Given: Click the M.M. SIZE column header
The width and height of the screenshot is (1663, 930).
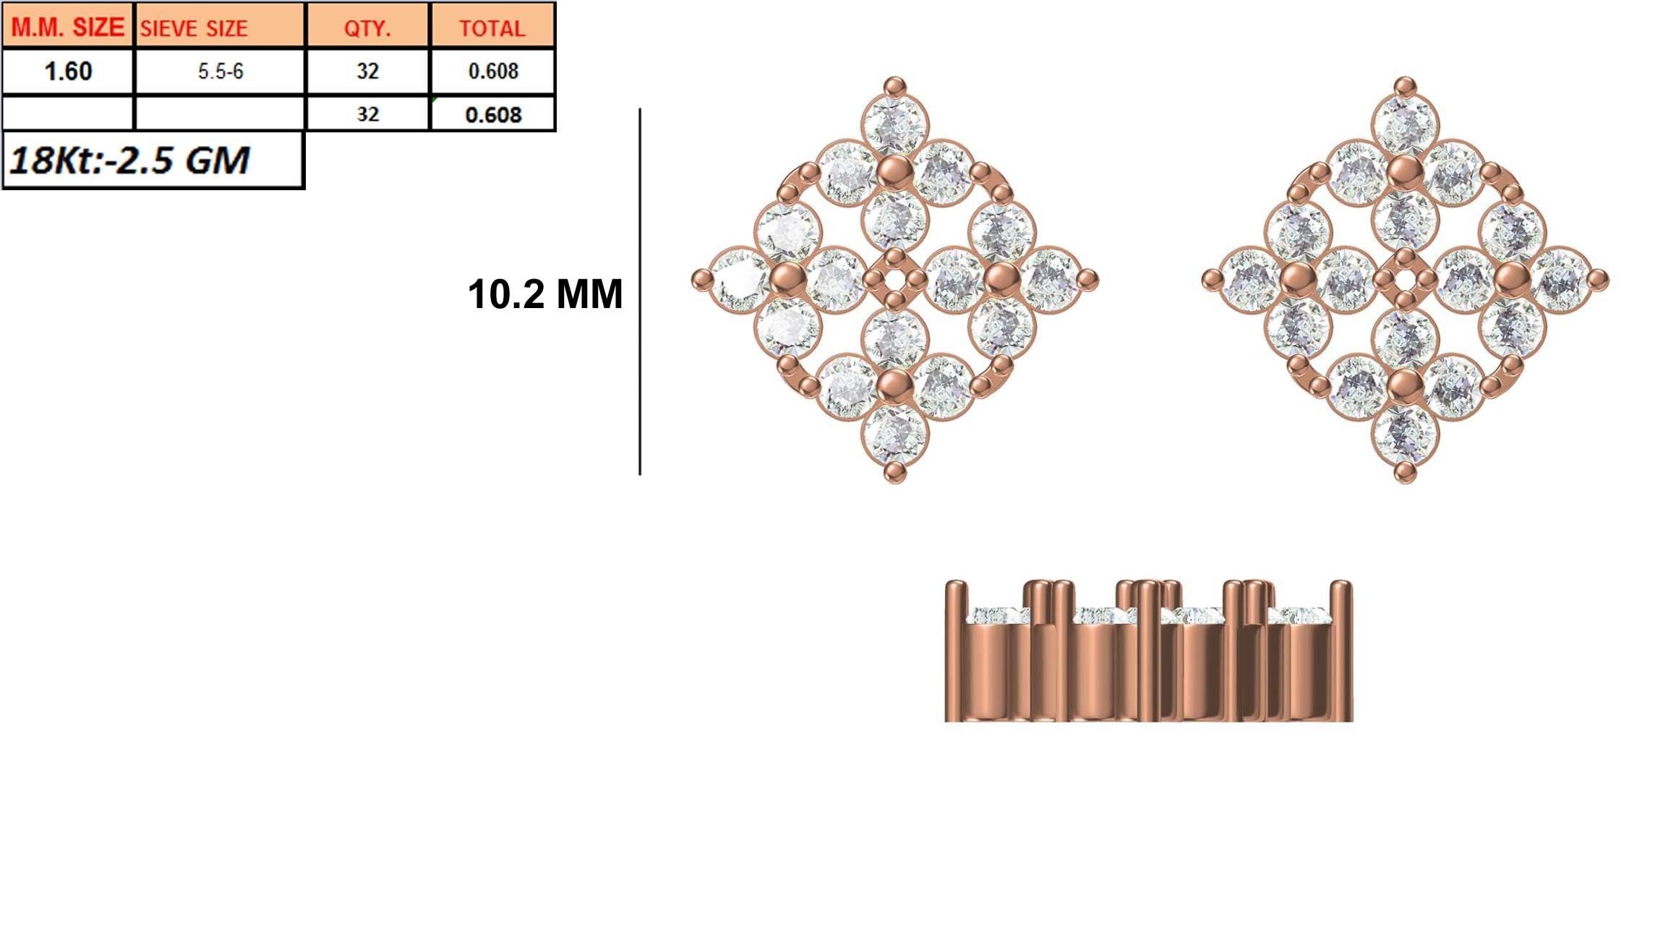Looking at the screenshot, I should click(x=68, y=27).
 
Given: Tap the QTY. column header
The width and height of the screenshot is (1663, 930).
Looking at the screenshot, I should click(x=367, y=27).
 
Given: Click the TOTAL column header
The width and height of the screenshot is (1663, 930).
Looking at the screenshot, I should click(x=492, y=27).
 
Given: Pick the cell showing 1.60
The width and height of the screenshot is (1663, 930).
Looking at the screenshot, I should click(x=68, y=71).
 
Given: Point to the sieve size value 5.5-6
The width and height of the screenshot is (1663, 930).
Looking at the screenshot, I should click(x=220, y=71).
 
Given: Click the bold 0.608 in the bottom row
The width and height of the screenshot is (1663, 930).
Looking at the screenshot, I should click(x=492, y=114).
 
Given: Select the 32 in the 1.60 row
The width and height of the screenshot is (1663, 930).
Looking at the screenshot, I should click(x=367, y=71).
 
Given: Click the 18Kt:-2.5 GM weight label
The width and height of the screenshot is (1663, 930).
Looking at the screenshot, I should click(x=130, y=160).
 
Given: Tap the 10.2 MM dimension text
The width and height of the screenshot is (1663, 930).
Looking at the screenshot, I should click(x=544, y=294).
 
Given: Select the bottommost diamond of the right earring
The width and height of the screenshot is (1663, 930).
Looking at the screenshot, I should click(x=1405, y=434).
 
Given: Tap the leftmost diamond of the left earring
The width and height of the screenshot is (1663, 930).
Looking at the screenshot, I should click(x=739, y=279).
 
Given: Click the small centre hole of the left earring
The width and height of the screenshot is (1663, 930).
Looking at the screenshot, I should click(x=895, y=279).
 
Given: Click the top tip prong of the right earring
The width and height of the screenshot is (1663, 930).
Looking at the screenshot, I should click(x=1405, y=87).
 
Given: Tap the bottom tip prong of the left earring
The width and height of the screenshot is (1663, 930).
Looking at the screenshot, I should click(x=895, y=472).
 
